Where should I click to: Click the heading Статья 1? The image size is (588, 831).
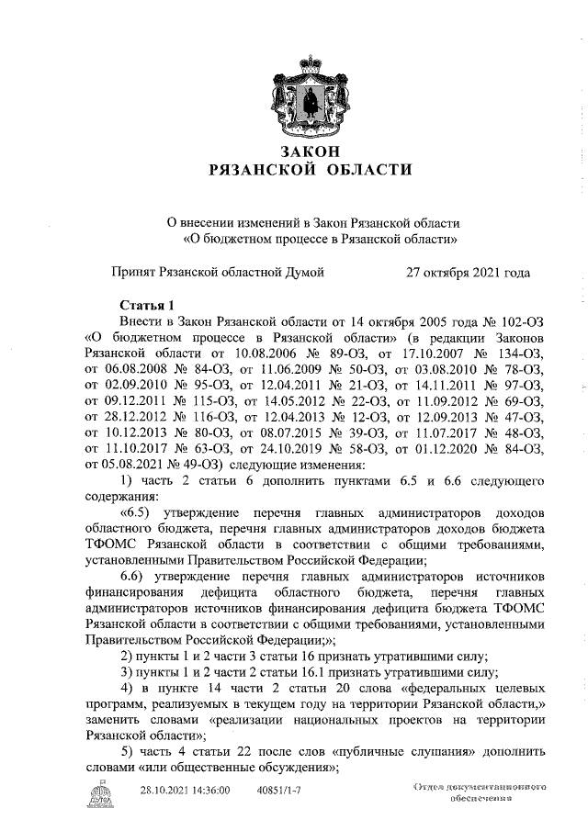(147, 305)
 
